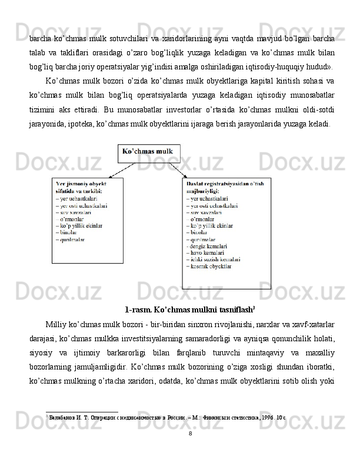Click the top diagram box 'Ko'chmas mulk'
click(149, 152)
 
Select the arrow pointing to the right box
click(178, 171)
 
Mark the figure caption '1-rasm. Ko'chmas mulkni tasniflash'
click(189, 309)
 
